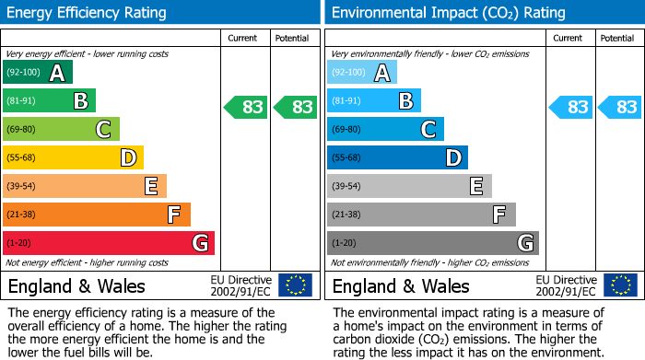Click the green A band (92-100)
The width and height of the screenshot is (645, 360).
38,73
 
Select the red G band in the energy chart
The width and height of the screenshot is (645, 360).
108,243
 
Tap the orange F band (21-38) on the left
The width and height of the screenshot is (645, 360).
96,215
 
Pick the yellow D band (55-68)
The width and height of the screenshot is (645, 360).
73,157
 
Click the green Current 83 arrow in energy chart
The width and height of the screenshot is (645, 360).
246,108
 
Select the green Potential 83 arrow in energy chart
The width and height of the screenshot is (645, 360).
296,108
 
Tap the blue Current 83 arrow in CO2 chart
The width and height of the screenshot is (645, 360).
570,108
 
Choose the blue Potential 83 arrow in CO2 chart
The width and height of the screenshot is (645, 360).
620,108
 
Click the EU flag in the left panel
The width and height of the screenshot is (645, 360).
295,285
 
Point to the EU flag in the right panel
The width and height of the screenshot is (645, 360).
620,285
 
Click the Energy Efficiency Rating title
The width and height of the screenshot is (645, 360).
88,13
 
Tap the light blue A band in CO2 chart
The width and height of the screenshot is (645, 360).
362,73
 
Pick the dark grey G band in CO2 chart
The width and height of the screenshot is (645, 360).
432,243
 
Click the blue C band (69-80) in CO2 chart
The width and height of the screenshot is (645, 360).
385,129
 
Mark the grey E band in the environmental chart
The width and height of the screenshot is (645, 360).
409,186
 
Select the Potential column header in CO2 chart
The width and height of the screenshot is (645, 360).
617,38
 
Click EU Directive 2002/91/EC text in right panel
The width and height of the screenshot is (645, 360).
566,285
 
